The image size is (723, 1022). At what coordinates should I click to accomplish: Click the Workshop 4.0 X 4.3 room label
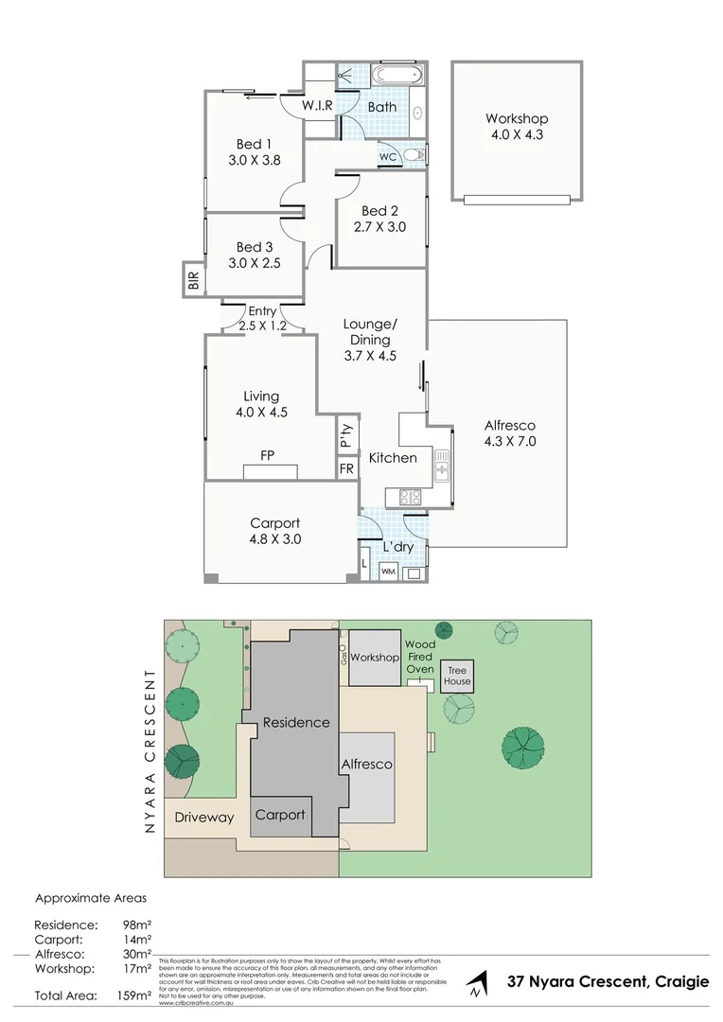pyautogui.click(x=517, y=127)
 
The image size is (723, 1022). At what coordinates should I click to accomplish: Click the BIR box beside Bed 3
pyautogui.click(x=194, y=280)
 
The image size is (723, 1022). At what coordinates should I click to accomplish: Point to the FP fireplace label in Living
pyautogui.click(x=268, y=455)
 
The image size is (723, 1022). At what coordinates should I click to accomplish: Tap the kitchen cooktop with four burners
pyautogui.click(x=410, y=496)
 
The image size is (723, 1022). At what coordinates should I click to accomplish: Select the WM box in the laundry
pyautogui.click(x=388, y=572)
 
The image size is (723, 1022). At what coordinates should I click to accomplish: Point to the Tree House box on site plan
pyautogui.click(x=458, y=675)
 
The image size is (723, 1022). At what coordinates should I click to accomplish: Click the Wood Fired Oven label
pyautogui.click(x=420, y=657)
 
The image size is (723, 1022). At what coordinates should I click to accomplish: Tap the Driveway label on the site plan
pyautogui.click(x=203, y=818)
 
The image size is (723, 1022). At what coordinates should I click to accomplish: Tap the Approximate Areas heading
pyautogui.click(x=91, y=898)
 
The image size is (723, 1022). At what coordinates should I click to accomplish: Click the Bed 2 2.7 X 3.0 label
pyautogui.click(x=380, y=219)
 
